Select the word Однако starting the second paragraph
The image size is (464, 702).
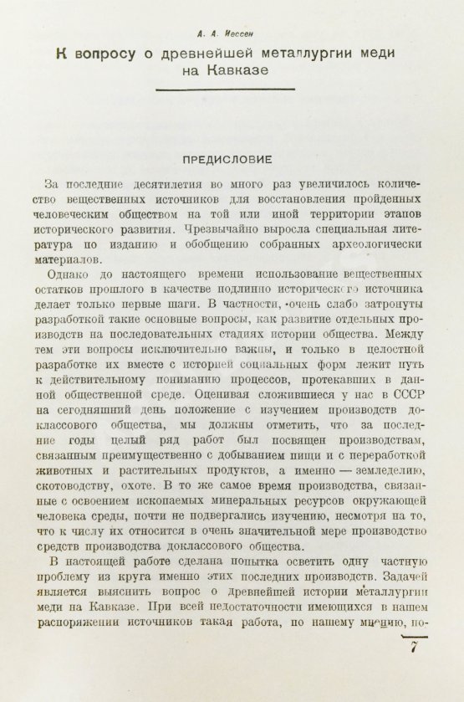click(x=75, y=275)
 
